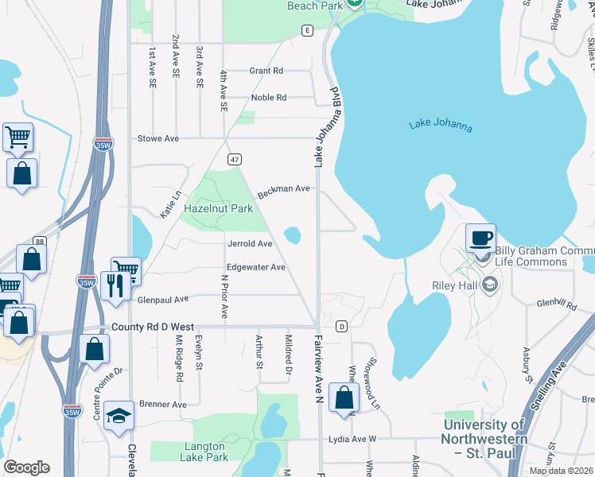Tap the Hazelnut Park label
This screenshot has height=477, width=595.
point(218,208)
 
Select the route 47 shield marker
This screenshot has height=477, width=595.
point(234,160)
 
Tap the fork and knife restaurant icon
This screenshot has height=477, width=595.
point(116,285)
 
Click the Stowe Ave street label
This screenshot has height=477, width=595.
point(158,138)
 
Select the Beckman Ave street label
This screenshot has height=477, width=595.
point(282,189)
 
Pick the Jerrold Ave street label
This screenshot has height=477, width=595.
point(250,243)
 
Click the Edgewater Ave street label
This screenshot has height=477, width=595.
point(255,267)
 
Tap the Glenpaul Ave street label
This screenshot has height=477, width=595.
point(163,299)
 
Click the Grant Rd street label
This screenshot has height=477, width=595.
point(266,71)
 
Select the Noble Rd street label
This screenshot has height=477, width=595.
point(268,98)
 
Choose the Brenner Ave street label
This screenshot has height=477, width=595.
point(162,404)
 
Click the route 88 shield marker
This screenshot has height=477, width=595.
point(40,242)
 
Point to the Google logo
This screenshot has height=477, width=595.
point(26,467)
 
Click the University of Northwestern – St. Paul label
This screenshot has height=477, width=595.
point(485,438)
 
